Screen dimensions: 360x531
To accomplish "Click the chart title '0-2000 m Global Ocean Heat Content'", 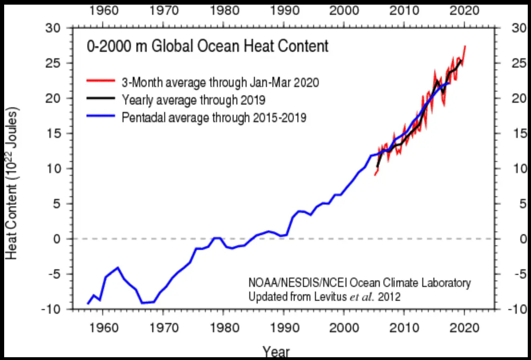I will coord(208,47).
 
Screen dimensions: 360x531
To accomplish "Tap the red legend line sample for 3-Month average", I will coord(100,82).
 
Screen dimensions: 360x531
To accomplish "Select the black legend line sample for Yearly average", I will coord(100,99).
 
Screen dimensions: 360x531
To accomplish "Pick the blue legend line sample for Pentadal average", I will coord(100,117).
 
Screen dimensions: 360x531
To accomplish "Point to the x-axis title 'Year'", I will coord(276,352).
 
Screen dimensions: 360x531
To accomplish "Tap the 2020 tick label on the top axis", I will coord(464,10).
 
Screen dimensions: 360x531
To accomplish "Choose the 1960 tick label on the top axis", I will coord(102,10).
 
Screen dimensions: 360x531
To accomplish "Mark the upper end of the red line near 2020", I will coord(465,46).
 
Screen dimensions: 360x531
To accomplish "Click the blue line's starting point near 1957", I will coord(87,304).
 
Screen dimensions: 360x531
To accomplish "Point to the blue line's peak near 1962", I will coord(118,267).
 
